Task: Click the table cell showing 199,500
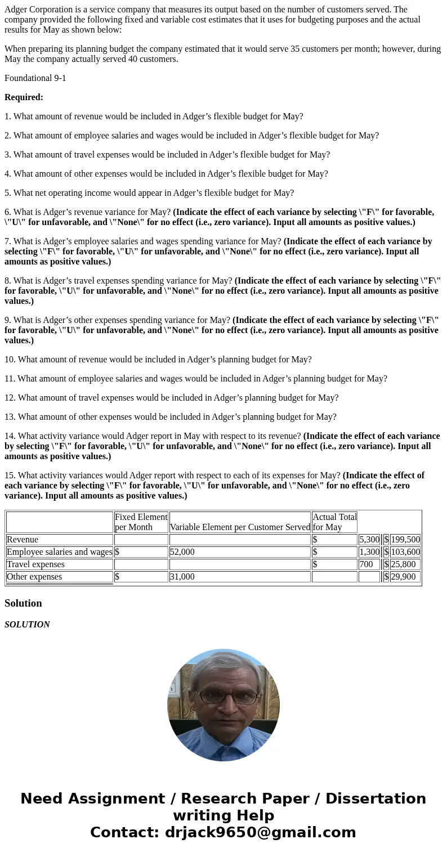[405, 540]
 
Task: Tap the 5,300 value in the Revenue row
[369, 540]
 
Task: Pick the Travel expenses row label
[35, 564]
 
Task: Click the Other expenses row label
[34, 577]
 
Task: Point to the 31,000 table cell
[182, 577]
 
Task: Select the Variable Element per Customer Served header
[240, 527]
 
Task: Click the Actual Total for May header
[334, 522]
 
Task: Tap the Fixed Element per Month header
[141, 522]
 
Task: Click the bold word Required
[24, 97]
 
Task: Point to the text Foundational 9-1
[35, 78]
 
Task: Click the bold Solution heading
[23, 603]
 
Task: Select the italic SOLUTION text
[27, 625]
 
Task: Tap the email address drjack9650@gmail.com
[260, 833]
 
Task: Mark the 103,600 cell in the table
[405, 552]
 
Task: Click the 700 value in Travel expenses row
[366, 564]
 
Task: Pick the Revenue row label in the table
[23, 540]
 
